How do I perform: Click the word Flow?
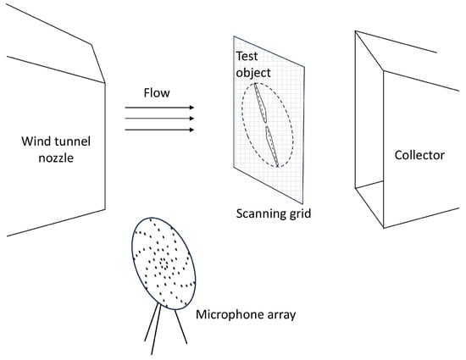pyautogui.click(x=157, y=92)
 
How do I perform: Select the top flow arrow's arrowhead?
pyautogui.click(x=191, y=108)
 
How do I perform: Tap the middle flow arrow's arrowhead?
pyautogui.click(x=191, y=119)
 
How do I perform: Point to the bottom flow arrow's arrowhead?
pyautogui.click(x=191, y=130)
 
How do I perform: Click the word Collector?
pyautogui.click(x=419, y=155)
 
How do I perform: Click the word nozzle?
pyautogui.click(x=56, y=158)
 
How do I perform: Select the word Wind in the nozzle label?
pyautogui.click(x=34, y=141)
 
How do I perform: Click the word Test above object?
pyautogui.click(x=247, y=56)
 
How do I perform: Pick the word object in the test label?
pyautogui.click(x=253, y=73)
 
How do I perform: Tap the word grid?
pyautogui.click(x=300, y=213)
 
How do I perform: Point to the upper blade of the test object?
pyautogui.click(x=261, y=102)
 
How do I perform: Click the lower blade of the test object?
pyautogui.click(x=272, y=147)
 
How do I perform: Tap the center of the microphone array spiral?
pyautogui.click(x=164, y=263)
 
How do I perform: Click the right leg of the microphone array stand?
pyautogui.click(x=180, y=327)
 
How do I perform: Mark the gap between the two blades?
pyautogui.click(x=266, y=125)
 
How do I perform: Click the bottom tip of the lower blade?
pyautogui.click(x=278, y=167)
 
